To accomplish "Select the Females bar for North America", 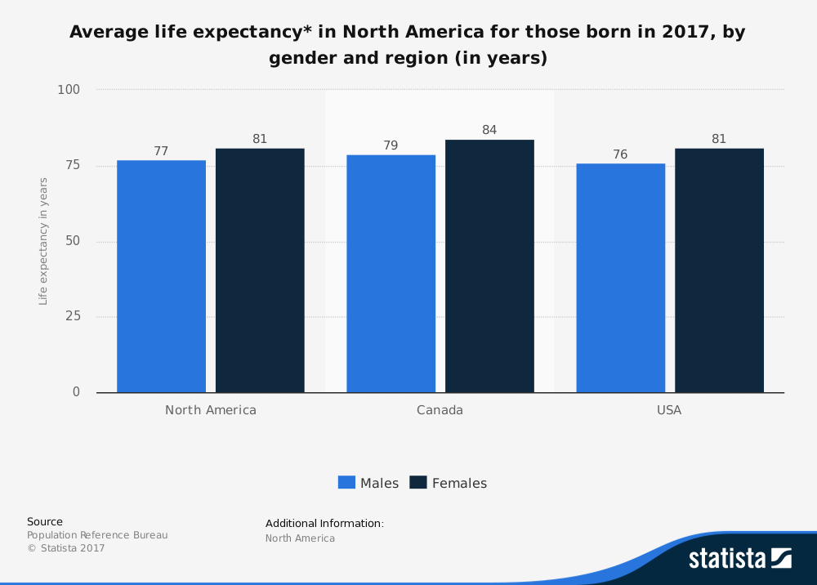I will (x=260, y=270).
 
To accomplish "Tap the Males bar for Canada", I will (x=391, y=274).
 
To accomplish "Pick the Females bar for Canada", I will (x=489, y=266).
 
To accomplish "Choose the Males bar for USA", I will (x=620, y=278).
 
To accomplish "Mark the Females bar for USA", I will (x=719, y=270).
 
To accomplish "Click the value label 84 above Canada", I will (x=489, y=130).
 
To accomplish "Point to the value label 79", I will (x=391, y=145).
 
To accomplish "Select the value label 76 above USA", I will (x=620, y=154).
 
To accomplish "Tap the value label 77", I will (x=161, y=151).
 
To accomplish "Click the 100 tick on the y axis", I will (x=69, y=89).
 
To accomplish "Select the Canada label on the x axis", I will (x=440, y=410).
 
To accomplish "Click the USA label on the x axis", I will (x=669, y=410).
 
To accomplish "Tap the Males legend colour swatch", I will (x=346, y=483).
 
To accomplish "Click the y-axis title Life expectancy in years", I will (x=43, y=241).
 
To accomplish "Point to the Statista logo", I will (x=739, y=558).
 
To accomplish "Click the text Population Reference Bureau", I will (x=97, y=535).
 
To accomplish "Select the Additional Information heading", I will (x=324, y=523).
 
